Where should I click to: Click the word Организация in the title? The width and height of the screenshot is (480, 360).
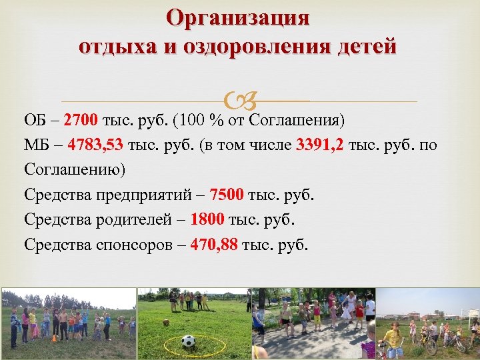pyautogui.click(x=239, y=19)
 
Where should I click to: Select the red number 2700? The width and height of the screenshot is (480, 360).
pyautogui.click(x=82, y=121)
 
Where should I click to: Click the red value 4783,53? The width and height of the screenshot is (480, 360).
pyautogui.click(x=95, y=145)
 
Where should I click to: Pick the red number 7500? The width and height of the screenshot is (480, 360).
pyautogui.click(x=227, y=195)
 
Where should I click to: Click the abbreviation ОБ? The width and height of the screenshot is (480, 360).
pyautogui.click(x=35, y=121)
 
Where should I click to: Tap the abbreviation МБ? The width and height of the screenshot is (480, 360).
pyautogui.click(x=36, y=145)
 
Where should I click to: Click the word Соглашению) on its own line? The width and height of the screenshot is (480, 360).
pyautogui.click(x=75, y=170)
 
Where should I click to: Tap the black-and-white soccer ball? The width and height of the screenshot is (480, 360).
pyautogui.click(x=188, y=341)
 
